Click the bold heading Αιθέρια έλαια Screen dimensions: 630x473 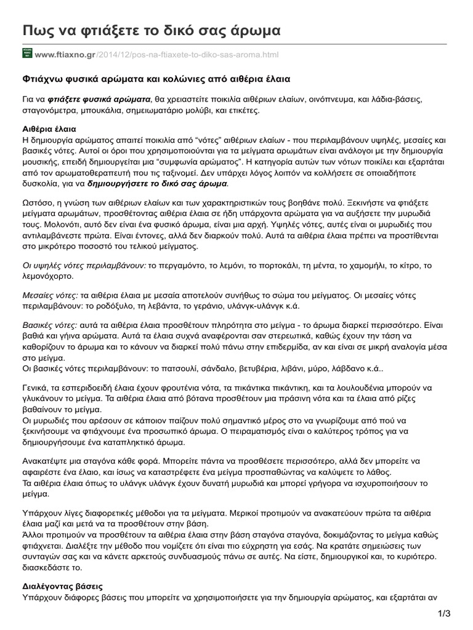point(49,130)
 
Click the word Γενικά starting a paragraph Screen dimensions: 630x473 point(34,389)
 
